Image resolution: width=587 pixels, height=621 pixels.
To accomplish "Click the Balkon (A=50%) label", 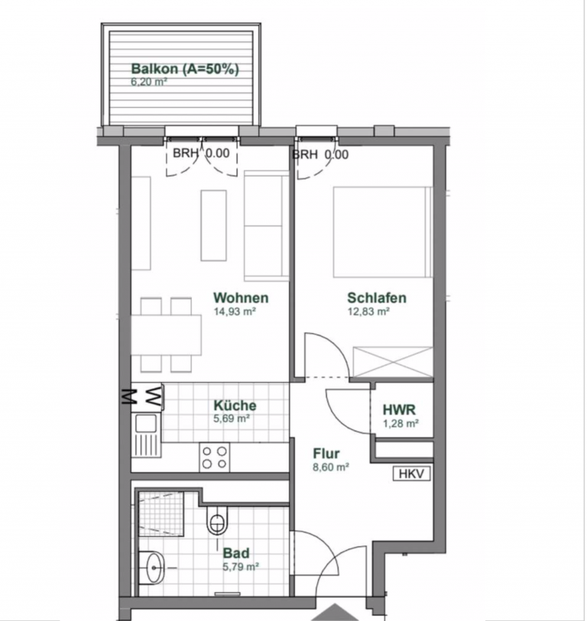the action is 185,69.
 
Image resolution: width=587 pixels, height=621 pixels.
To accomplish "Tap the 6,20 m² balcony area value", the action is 148,82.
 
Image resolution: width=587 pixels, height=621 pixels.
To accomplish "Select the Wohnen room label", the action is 241,297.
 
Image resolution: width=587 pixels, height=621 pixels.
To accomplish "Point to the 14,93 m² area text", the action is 235,312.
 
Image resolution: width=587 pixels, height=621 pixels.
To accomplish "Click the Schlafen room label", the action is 377,297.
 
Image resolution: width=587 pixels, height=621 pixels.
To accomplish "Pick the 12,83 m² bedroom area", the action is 368,312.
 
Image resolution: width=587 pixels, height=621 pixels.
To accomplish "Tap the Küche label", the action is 235,405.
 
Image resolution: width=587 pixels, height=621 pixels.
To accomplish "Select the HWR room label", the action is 399,409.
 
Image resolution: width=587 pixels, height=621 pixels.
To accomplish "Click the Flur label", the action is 326,453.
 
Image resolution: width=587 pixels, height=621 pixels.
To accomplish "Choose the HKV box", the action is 411,474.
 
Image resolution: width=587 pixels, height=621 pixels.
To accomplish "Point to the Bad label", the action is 236,553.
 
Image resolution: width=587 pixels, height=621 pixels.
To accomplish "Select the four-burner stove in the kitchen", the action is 215,458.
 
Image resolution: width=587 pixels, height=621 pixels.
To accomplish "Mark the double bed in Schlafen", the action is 382,231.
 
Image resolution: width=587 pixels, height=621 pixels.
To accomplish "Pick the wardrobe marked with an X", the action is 393,362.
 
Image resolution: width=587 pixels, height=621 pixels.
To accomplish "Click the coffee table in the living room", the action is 214,225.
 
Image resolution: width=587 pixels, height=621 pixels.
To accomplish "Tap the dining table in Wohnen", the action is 167,335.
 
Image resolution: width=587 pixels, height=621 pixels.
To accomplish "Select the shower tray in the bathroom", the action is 161,514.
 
